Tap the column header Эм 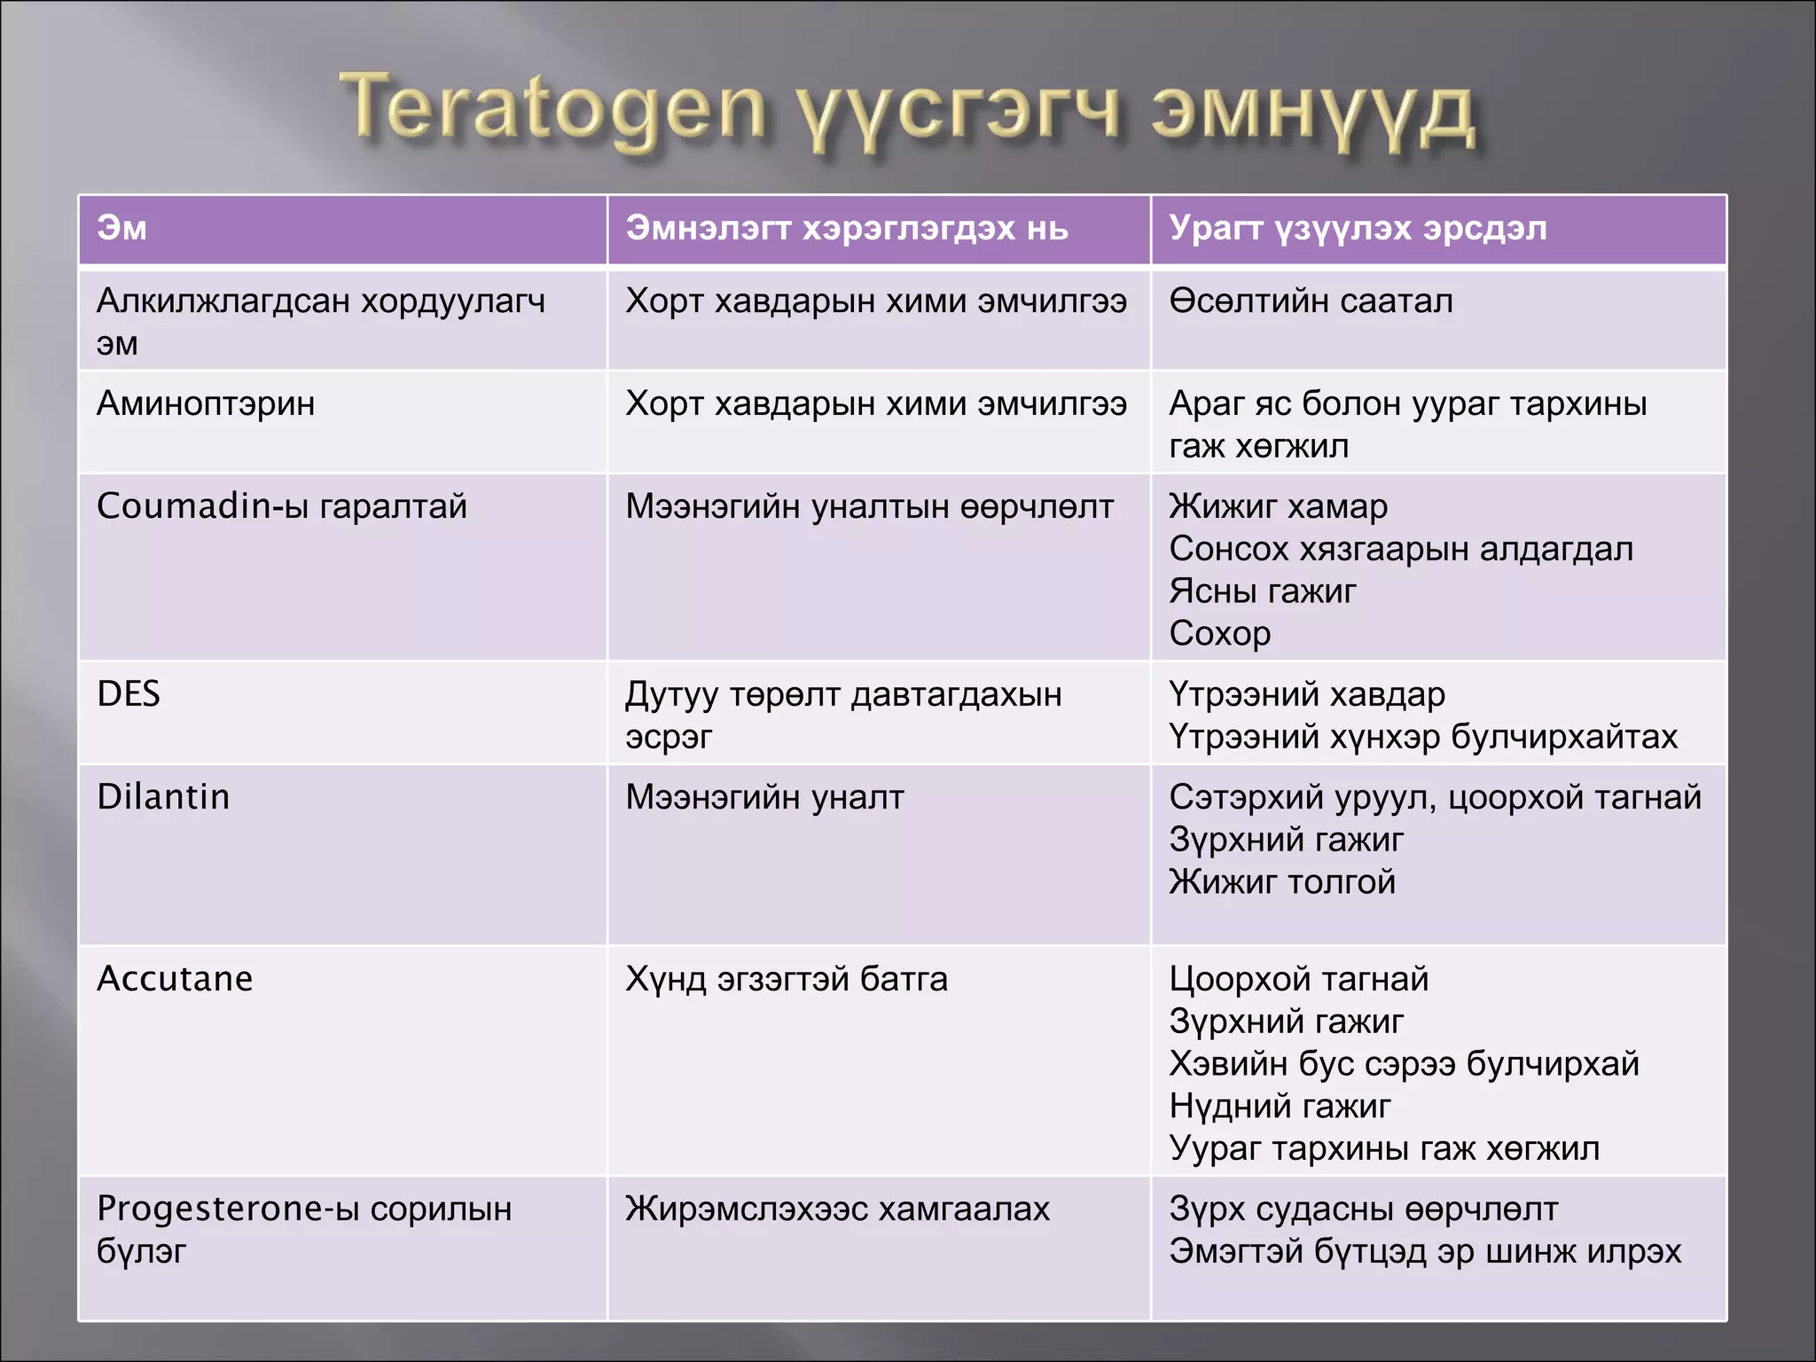click(x=122, y=229)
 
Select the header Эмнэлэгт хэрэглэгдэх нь click(x=847, y=229)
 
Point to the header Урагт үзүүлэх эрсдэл click(x=1358, y=229)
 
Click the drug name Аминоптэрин click(x=206, y=403)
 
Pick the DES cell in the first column click(x=129, y=693)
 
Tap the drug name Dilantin click(x=163, y=796)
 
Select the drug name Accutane click(x=175, y=979)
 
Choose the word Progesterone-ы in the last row click(x=227, y=1209)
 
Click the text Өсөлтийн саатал click(x=1311, y=301)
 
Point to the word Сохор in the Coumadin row click(x=1220, y=633)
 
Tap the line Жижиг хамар click(x=1278, y=506)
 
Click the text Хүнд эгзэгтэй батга click(x=787, y=979)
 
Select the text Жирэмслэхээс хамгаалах click(x=837, y=1209)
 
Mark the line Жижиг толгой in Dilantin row click(x=1282, y=881)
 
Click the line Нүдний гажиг click(x=1280, y=1106)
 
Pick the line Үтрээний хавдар click(x=1307, y=693)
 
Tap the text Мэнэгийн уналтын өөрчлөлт click(x=869, y=506)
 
